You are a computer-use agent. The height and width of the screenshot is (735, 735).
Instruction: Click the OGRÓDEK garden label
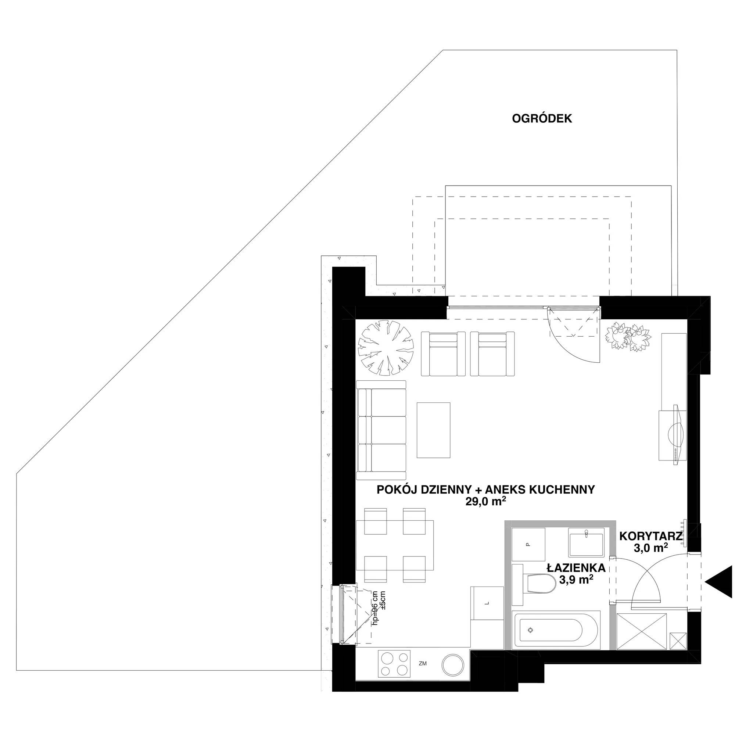(542, 119)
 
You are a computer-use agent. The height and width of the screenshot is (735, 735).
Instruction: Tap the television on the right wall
(678, 434)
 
